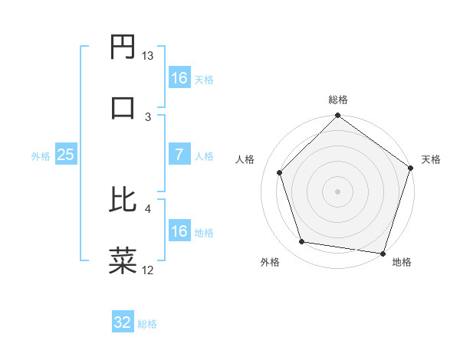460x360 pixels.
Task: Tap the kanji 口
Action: click(123, 106)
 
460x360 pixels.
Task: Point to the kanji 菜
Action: click(123, 260)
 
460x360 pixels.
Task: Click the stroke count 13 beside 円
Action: click(148, 56)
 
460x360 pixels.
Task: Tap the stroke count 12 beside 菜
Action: click(148, 270)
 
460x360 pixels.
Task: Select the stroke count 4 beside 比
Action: click(148, 208)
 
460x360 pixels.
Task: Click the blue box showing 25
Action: click(66, 155)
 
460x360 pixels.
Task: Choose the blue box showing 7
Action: click(179, 155)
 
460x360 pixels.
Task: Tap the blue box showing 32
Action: click(123, 322)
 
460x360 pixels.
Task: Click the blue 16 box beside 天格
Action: click(179, 78)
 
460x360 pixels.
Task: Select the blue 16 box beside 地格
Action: click(179, 231)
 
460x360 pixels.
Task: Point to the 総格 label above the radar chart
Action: click(338, 100)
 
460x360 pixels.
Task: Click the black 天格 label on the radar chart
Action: click(432, 159)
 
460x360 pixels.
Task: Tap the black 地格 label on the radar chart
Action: click(402, 262)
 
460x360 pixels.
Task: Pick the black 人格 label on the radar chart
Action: click(245, 159)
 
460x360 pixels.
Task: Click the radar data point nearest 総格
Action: click(337, 117)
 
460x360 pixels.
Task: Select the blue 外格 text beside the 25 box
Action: click(41, 155)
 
